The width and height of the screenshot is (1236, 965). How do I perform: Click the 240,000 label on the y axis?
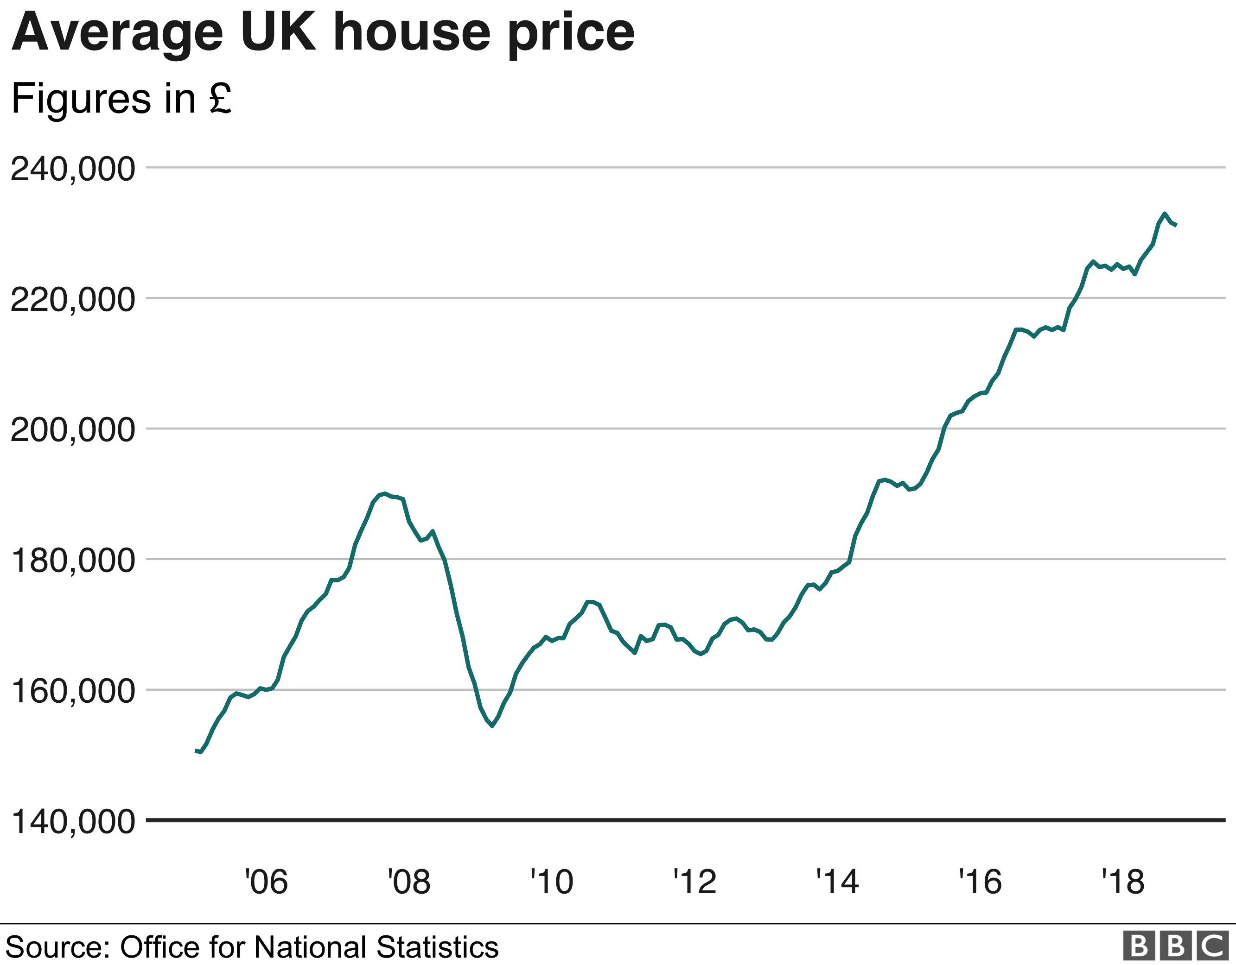(x=72, y=169)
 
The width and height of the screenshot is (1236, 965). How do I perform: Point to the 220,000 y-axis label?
(x=72, y=299)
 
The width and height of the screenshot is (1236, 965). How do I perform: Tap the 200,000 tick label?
(x=72, y=430)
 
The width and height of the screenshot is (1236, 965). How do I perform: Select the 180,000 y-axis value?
(x=72, y=561)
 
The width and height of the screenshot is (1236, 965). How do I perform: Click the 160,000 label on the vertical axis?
(x=72, y=691)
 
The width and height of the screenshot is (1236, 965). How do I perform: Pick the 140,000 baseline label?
(x=72, y=821)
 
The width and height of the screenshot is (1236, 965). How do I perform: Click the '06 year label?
(x=266, y=882)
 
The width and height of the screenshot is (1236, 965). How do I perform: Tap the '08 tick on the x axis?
(x=408, y=882)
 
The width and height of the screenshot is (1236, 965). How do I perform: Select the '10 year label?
(x=551, y=882)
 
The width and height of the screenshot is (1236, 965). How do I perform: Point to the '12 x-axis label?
(x=694, y=882)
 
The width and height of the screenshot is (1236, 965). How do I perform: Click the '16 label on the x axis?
(x=980, y=882)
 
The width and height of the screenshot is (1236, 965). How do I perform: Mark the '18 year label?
(x=1123, y=882)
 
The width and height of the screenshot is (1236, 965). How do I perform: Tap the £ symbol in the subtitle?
(x=220, y=98)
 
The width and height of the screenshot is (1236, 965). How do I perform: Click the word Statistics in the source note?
(x=437, y=947)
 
